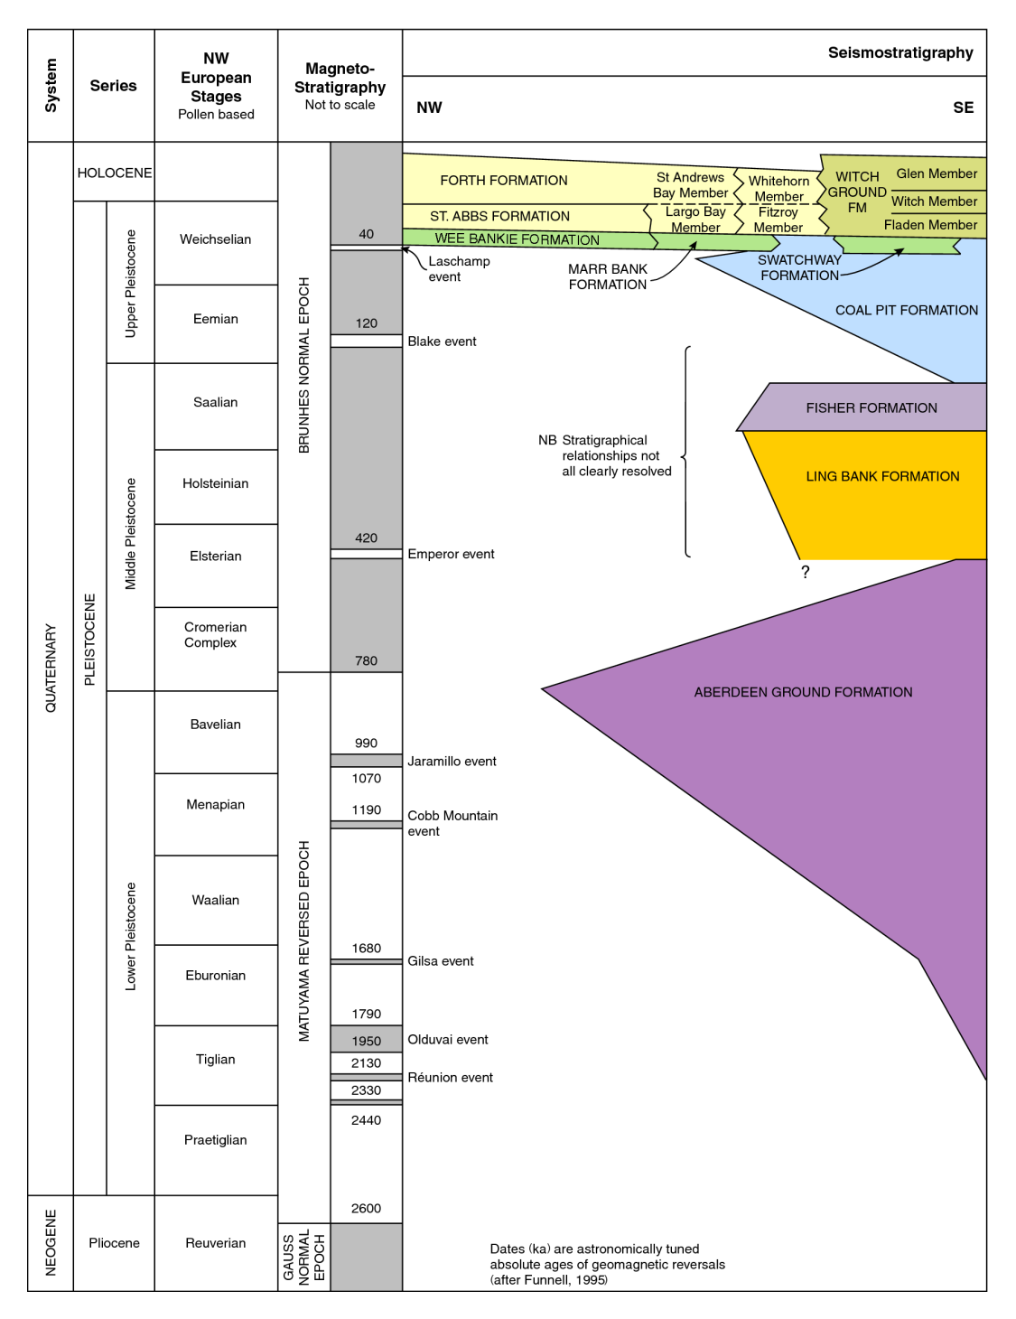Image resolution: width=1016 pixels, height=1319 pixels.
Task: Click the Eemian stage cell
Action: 216,319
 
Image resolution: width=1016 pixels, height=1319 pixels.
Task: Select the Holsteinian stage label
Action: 216,483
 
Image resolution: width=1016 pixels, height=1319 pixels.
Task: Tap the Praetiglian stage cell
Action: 216,1140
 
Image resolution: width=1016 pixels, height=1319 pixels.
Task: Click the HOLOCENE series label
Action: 115,173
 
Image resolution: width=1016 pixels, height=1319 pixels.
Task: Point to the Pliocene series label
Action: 114,1243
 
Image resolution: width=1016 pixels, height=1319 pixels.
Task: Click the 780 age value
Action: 366,660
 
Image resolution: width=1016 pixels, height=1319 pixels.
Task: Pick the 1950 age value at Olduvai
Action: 366,1041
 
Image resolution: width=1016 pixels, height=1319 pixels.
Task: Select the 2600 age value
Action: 366,1208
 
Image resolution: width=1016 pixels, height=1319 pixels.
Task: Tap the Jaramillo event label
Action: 452,762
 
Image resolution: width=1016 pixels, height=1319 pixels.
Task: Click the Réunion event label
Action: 450,1078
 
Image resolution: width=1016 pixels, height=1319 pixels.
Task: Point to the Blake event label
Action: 442,341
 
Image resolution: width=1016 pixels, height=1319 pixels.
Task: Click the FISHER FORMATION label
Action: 872,408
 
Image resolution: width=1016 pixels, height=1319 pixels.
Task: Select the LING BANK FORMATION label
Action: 882,476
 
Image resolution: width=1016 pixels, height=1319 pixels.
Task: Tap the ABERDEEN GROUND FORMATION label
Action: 803,692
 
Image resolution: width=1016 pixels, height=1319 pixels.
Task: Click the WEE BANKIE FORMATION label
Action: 517,239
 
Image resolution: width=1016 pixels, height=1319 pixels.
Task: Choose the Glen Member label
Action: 937,173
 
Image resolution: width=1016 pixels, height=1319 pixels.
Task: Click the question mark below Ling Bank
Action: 805,572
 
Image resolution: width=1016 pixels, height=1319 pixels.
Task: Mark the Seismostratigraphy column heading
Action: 900,52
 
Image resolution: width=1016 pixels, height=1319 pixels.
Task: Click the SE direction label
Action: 963,108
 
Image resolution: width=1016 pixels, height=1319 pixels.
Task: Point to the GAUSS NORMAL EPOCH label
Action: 303,1257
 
